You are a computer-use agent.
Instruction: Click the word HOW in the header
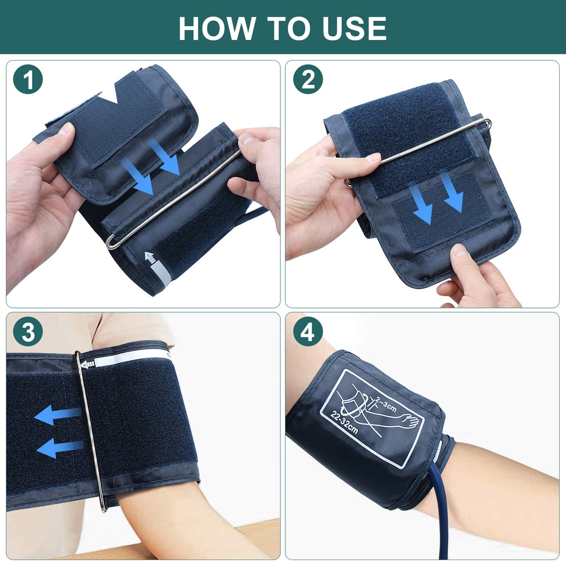(216, 28)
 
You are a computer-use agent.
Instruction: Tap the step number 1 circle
(28, 80)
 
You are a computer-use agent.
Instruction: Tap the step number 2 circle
(308, 80)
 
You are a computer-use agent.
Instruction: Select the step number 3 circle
(28, 332)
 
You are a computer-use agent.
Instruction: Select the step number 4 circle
(308, 332)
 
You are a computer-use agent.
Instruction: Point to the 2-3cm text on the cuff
(386, 404)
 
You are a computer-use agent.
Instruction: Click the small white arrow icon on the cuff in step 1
(150, 257)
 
